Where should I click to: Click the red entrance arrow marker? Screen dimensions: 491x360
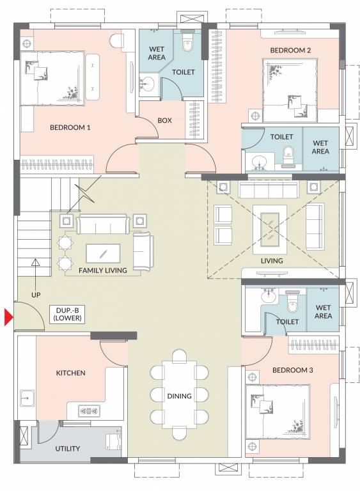coord(8,317)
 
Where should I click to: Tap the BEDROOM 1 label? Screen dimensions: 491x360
coord(70,127)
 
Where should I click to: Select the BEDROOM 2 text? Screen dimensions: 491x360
coord(290,51)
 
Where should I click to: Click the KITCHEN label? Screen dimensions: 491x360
coord(70,373)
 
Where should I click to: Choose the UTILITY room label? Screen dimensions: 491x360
coord(67,448)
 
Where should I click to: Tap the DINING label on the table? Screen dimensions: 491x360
coord(180,396)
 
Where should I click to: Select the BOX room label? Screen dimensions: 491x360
coord(164,120)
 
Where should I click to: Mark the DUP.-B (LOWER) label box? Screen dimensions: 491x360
coord(67,314)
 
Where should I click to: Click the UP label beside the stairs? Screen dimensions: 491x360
coord(36,295)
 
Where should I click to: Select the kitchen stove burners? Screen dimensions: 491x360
coord(91,410)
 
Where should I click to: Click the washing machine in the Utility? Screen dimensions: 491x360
coord(113,440)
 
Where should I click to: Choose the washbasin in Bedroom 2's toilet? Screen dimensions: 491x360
coord(260,161)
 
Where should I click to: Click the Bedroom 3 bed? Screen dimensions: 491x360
coord(275,410)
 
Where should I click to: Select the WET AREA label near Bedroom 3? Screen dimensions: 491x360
coord(323,311)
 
